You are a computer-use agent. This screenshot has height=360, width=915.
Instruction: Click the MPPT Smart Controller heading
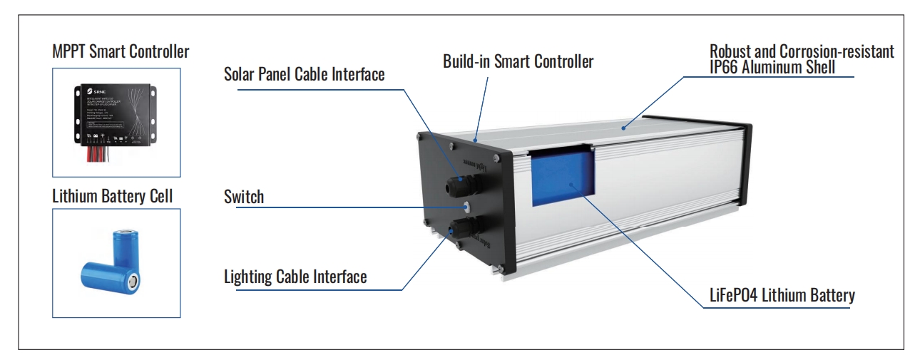pos(121,52)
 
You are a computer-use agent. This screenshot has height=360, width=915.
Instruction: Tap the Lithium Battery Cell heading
pos(112,197)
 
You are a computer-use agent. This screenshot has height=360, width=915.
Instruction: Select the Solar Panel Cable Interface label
pos(305,74)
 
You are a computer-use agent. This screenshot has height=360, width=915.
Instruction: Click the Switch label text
pos(244,197)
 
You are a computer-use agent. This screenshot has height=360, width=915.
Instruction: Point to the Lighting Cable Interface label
pos(295,277)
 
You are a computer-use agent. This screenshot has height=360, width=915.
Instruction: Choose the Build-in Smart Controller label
pos(518,61)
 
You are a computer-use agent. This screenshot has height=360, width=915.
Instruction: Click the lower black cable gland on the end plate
pos(457,230)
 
